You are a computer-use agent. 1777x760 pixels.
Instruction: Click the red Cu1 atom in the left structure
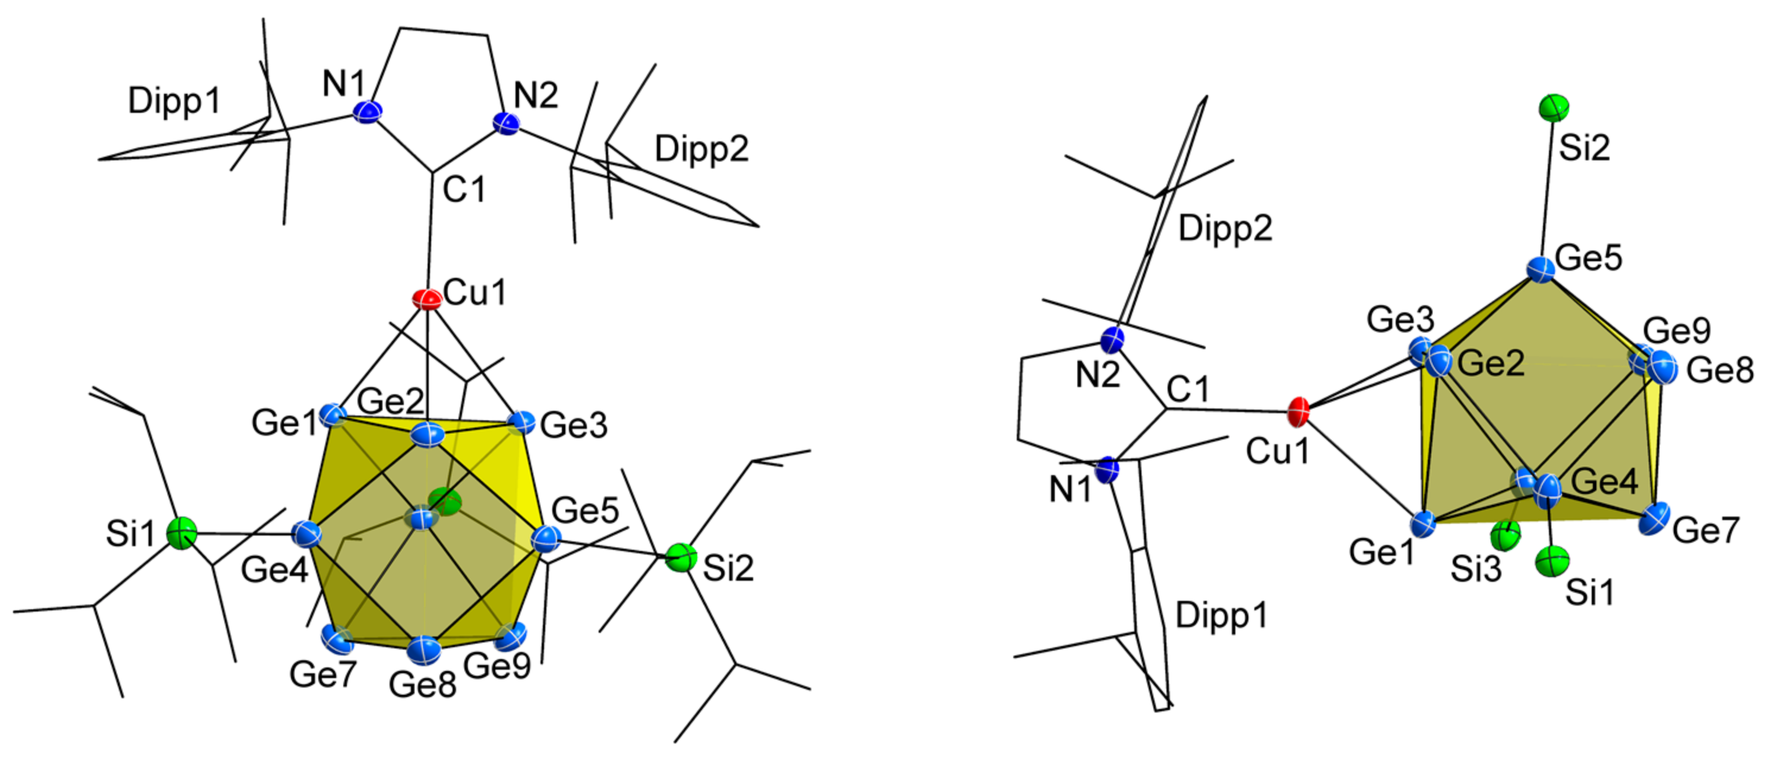(427, 299)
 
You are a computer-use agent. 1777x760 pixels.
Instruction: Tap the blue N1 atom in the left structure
(368, 111)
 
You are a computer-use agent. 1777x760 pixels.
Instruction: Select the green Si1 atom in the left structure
(183, 533)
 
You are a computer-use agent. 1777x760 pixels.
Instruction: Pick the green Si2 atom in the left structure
(681, 558)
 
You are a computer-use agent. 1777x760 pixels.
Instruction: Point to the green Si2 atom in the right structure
(1554, 107)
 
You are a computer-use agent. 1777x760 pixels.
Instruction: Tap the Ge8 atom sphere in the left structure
(423, 648)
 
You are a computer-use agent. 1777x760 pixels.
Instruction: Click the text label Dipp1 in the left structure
(174, 102)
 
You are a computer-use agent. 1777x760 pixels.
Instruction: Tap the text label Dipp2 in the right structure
(1225, 228)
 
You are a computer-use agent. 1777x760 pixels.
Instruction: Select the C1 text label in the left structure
(464, 189)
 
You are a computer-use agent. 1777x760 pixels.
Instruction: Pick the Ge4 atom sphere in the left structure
(307, 533)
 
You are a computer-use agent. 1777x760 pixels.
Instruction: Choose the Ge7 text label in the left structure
(322, 673)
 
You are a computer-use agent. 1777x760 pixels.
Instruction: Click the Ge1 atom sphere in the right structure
(1422, 524)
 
